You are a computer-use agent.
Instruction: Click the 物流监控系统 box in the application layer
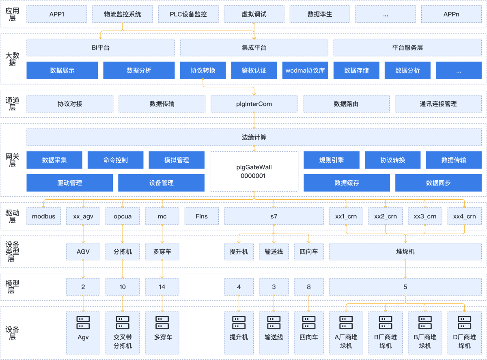123,14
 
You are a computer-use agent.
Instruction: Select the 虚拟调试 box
254,14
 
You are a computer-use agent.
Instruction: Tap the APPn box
451,14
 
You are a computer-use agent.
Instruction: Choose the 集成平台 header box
254,47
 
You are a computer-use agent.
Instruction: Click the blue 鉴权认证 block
254,70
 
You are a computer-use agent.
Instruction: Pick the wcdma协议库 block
305,70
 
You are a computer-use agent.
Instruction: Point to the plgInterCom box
254,104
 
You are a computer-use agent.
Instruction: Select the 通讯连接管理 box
438,104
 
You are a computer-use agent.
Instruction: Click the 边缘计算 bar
254,137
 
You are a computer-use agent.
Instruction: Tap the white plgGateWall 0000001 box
254,171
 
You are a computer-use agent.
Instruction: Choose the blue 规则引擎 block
332,160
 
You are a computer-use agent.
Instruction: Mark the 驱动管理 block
70,183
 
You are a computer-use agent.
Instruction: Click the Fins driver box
201,216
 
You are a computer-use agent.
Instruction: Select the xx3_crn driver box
425,216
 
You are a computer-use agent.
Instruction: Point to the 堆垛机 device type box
405,252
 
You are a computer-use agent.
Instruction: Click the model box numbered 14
162,287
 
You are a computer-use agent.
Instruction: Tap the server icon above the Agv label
83,323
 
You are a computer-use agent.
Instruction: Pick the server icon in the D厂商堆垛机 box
464,323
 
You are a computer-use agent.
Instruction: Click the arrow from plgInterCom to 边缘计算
254,121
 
